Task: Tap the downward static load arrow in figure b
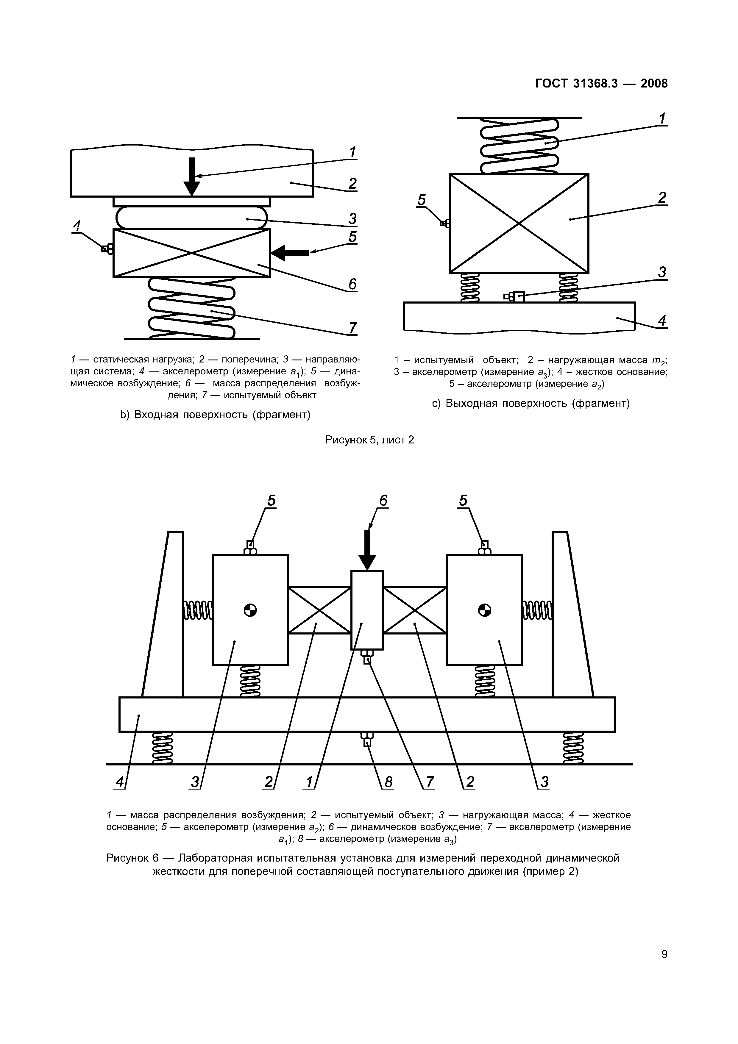pyautogui.click(x=191, y=176)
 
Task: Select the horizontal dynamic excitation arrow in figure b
pyautogui.click(x=290, y=252)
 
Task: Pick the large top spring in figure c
pyautogui.click(x=519, y=146)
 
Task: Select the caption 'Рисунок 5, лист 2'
pyautogui.click(x=369, y=440)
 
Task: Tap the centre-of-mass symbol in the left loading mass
pyautogui.click(x=250, y=610)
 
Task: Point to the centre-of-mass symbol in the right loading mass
pyautogui.click(x=484, y=610)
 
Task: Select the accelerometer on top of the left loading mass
pyautogui.click(x=250, y=548)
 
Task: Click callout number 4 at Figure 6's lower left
pyautogui.click(x=120, y=782)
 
